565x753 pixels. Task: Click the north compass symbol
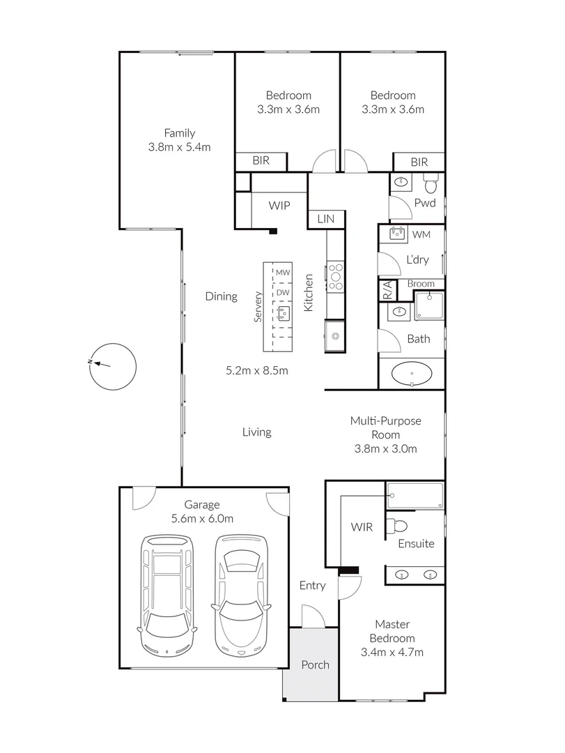(112, 365)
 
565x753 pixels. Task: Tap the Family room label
(179, 133)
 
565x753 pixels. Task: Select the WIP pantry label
(279, 206)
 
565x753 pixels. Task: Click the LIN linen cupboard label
(325, 219)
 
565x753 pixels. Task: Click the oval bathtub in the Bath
(413, 374)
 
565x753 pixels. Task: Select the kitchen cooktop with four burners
(335, 275)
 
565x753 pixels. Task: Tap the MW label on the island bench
(282, 272)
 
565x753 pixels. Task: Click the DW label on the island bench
(282, 293)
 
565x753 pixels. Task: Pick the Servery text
(257, 306)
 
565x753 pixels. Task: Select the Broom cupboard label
(420, 284)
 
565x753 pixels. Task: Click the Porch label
(315, 664)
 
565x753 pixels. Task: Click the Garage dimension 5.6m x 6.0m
(201, 519)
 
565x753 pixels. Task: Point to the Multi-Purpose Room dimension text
(385, 448)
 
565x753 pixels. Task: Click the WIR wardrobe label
(361, 527)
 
